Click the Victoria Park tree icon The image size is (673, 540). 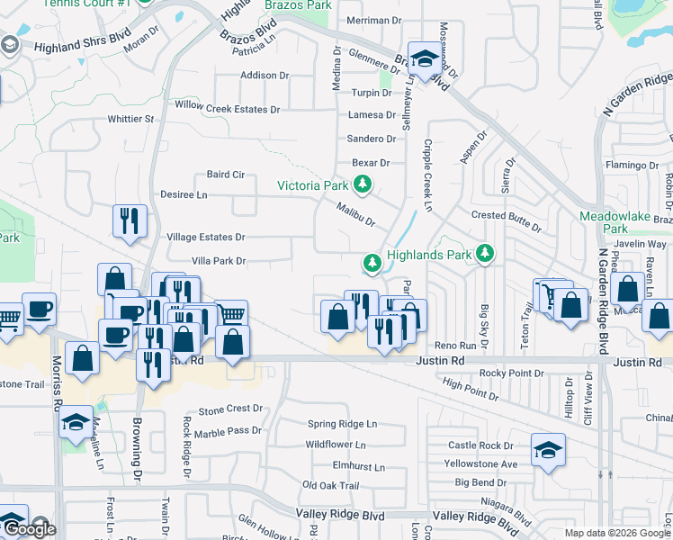point(363,185)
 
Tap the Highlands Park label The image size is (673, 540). point(429,255)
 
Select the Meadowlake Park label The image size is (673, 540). point(615,222)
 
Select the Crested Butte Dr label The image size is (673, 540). point(506,216)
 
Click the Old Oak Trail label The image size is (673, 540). point(330,485)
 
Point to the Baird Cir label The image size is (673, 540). point(226,175)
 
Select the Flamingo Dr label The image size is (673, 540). point(633,165)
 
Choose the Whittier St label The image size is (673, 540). point(131,119)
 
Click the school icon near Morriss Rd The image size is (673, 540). point(76,421)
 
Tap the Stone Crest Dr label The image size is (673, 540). point(230,409)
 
